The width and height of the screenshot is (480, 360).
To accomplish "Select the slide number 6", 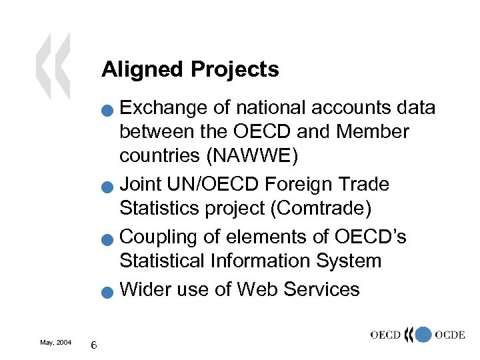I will (x=95, y=345).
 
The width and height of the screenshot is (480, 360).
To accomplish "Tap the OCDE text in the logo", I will (x=449, y=335).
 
